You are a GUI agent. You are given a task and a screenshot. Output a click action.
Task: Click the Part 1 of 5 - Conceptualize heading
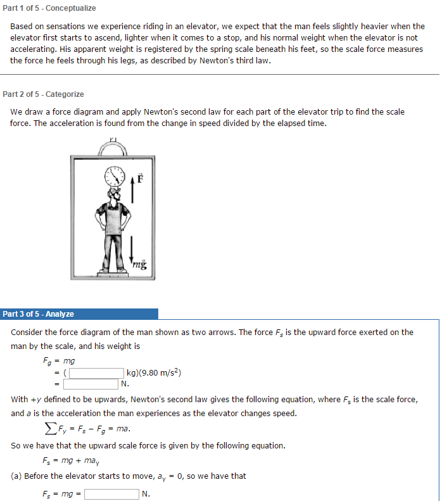tap(49, 8)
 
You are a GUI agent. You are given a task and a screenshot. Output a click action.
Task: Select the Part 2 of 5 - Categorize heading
tap(43, 94)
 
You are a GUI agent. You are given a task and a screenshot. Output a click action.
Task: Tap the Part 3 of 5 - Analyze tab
tap(39, 314)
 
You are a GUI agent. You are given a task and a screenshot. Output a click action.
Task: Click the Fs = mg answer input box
tap(111, 494)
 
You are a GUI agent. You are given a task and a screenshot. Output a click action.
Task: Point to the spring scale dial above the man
tap(115, 175)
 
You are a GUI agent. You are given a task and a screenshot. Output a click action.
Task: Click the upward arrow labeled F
tap(133, 190)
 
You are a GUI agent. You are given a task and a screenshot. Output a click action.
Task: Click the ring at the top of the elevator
tap(113, 148)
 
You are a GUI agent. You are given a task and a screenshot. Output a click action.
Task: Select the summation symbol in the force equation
tap(49, 429)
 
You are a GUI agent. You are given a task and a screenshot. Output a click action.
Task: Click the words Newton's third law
tap(235, 61)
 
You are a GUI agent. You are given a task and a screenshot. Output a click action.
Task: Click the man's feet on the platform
tap(115, 269)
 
